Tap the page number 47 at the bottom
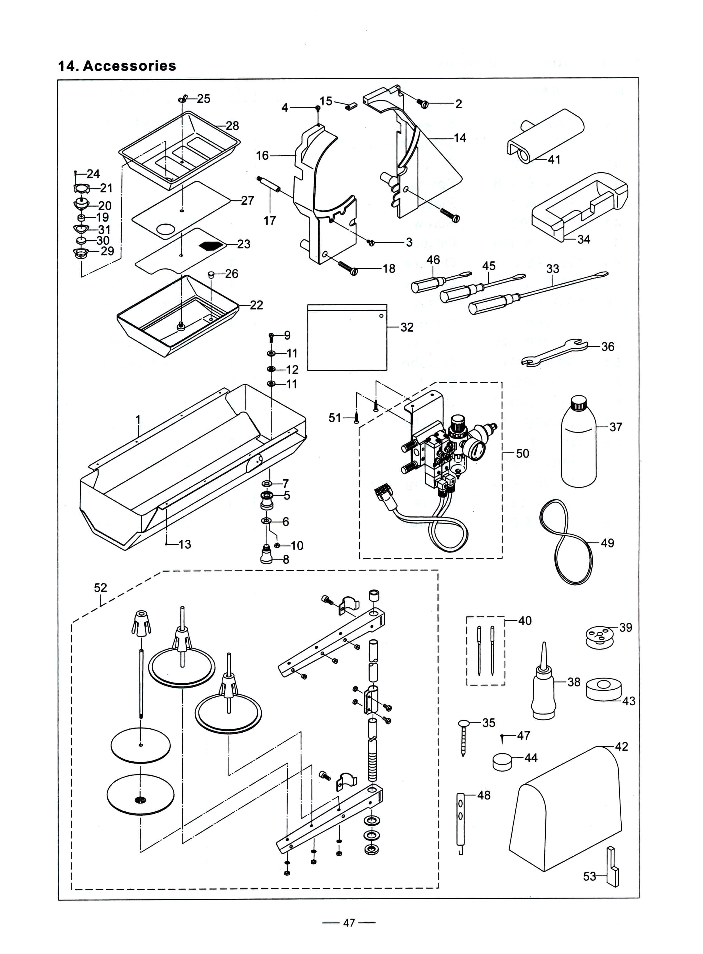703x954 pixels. click(349, 923)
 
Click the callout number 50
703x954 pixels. click(522, 453)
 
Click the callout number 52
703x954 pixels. click(100, 588)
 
